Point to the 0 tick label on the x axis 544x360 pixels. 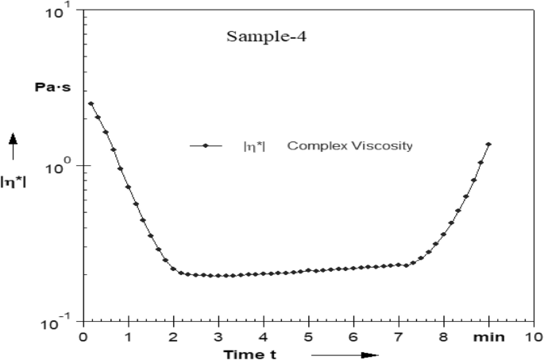pyautogui.click(x=83, y=337)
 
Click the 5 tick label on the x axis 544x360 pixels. pyautogui.click(x=308, y=337)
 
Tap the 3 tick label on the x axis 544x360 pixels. pyautogui.click(x=218, y=337)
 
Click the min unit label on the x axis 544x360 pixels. pyautogui.click(x=488, y=337)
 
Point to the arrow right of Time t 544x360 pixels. pyautogui.click(x=345, y=354)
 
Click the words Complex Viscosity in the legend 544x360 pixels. pyautogui.click(x=349, y=145)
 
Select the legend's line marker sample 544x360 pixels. pyautogui.click(x=206, y=145)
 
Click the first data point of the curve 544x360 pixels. pyautogui.click(x=91, y=103)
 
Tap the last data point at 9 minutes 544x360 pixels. pyautogui.click(x=488, y=144)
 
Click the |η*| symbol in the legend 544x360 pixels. pyautogui.click(x=253, y=145)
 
